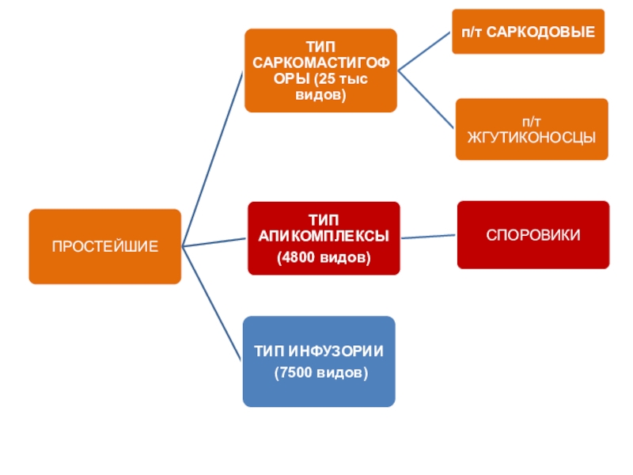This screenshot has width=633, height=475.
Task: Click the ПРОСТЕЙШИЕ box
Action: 104,246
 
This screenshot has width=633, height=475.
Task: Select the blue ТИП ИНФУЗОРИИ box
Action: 319,361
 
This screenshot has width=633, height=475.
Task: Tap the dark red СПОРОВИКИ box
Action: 533,235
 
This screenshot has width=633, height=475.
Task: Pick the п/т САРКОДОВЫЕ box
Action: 528,32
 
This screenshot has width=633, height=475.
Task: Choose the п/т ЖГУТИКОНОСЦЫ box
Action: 530,129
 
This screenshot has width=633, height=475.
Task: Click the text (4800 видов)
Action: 323,258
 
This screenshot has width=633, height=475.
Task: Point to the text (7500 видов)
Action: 320,371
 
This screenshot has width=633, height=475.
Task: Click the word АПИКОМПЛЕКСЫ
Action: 323,236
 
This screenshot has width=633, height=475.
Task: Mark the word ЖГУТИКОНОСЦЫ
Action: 531,136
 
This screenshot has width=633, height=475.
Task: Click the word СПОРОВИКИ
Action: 533,235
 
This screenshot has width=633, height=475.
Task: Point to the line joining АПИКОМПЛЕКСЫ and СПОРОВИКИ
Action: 428,237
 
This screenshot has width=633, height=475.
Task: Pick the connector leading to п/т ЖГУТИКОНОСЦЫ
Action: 426,98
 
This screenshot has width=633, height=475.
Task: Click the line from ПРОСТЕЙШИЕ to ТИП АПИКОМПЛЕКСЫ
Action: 215,241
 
